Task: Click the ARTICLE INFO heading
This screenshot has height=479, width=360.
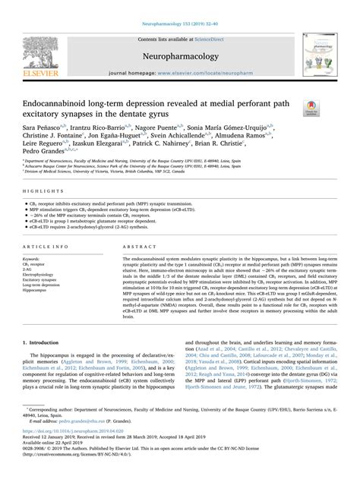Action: [44, 247]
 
